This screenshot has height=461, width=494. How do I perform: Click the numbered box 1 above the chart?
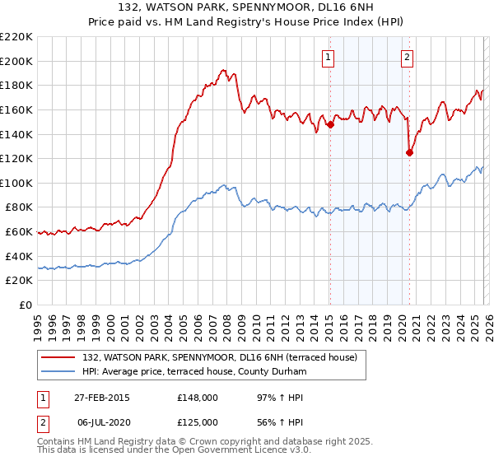pos(329,57)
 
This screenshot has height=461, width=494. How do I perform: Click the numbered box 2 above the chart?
pos(408,57)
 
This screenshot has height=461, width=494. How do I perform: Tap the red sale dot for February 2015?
pos(330,125)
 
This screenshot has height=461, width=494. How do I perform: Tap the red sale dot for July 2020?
pos(409,151)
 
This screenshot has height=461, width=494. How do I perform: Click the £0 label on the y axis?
pos(26,305)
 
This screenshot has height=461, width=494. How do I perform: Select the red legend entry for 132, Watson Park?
pos(219,357)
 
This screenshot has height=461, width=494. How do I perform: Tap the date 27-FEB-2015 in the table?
pos(102,398)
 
